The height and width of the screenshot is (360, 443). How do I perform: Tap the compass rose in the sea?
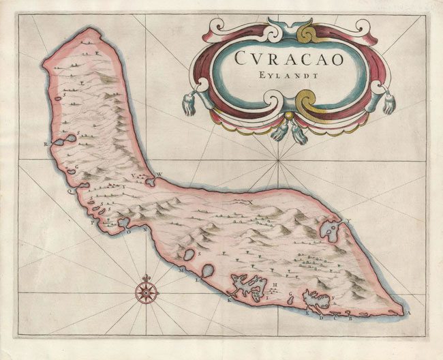(147, 292)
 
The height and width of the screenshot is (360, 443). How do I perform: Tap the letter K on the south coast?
(230, 299)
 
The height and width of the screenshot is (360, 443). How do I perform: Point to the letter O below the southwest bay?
(127, 231)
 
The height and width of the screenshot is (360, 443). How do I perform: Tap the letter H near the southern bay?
(273, 284)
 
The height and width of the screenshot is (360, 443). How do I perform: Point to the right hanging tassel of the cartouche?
(388, 104)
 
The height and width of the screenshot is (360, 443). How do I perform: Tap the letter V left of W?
(144, 174)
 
